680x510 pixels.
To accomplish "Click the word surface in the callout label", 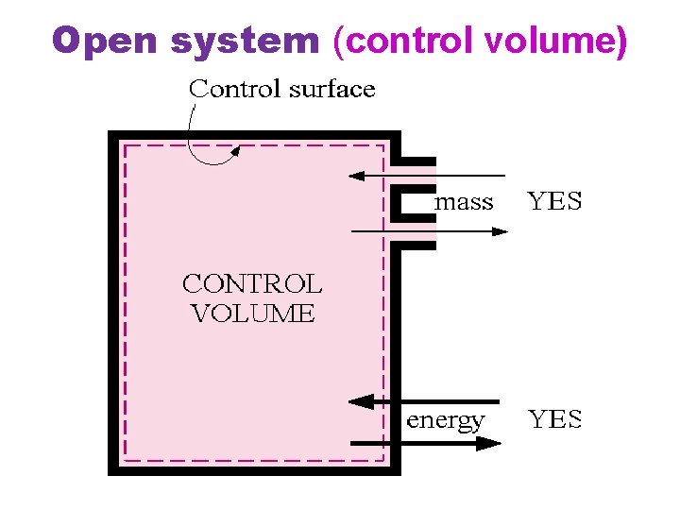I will (331, 90).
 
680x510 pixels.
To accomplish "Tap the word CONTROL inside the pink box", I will (252, 283).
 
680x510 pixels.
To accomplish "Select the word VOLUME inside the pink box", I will (252, 314).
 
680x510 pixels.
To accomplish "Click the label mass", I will (464, 201).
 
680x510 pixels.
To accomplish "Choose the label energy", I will (446, 420).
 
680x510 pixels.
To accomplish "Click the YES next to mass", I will (554, 201).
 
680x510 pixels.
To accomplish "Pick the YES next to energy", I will (554, 420).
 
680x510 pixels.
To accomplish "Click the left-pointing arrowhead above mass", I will (357, 176).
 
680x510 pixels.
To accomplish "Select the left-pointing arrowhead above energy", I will (360, 401).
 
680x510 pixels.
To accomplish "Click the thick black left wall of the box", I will (114, 302).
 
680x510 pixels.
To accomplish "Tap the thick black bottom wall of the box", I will (255, 468).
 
